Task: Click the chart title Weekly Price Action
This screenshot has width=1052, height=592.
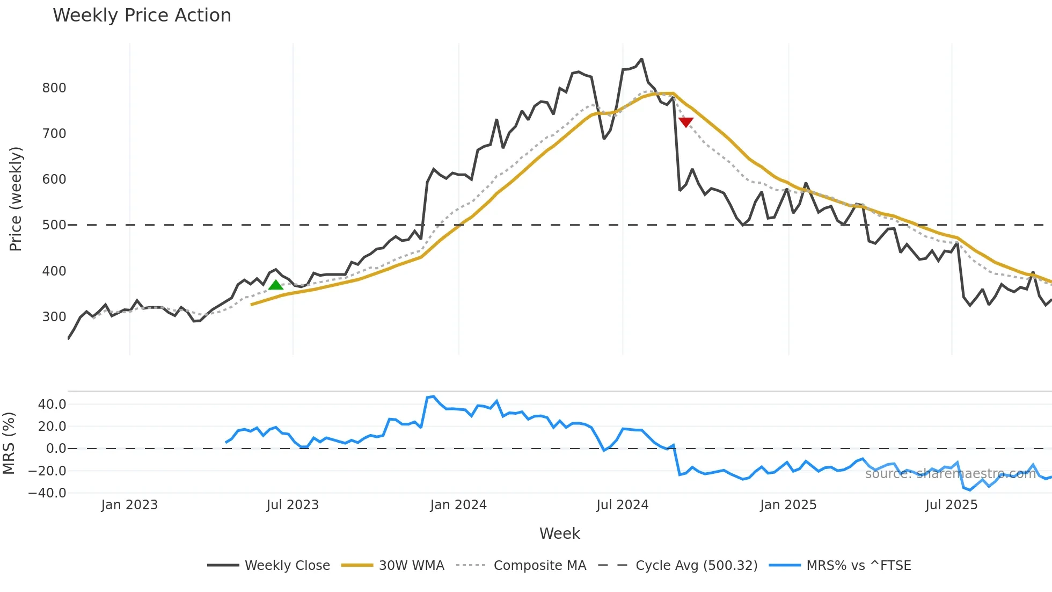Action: (x=142, y=16)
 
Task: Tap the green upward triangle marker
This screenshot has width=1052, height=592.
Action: (x=275, y=285)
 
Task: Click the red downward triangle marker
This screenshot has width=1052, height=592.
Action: (x=686, y=122)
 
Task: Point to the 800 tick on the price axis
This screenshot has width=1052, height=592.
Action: (x=54, y=88)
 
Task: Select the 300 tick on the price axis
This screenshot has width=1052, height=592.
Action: (x=54, y=317)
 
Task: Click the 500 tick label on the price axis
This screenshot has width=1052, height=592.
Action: (x=54, y=225)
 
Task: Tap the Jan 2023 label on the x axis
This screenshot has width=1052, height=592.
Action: (x=129, y=505)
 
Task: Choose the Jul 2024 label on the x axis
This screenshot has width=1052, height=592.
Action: (x=622, y=505)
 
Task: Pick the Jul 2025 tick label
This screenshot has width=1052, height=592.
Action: (x=951, y=505)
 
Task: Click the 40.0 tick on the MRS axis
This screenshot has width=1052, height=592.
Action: (x=52, y=405)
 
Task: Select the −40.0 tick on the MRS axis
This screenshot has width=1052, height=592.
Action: (x=47, y=493)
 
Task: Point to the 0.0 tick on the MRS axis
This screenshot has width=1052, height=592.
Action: (x=56, y=449)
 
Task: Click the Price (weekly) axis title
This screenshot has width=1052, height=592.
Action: (x=16, y=199)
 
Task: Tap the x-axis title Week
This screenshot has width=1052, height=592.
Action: (x=559, y=533)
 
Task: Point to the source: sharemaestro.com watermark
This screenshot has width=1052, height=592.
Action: (x=950, y=474)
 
